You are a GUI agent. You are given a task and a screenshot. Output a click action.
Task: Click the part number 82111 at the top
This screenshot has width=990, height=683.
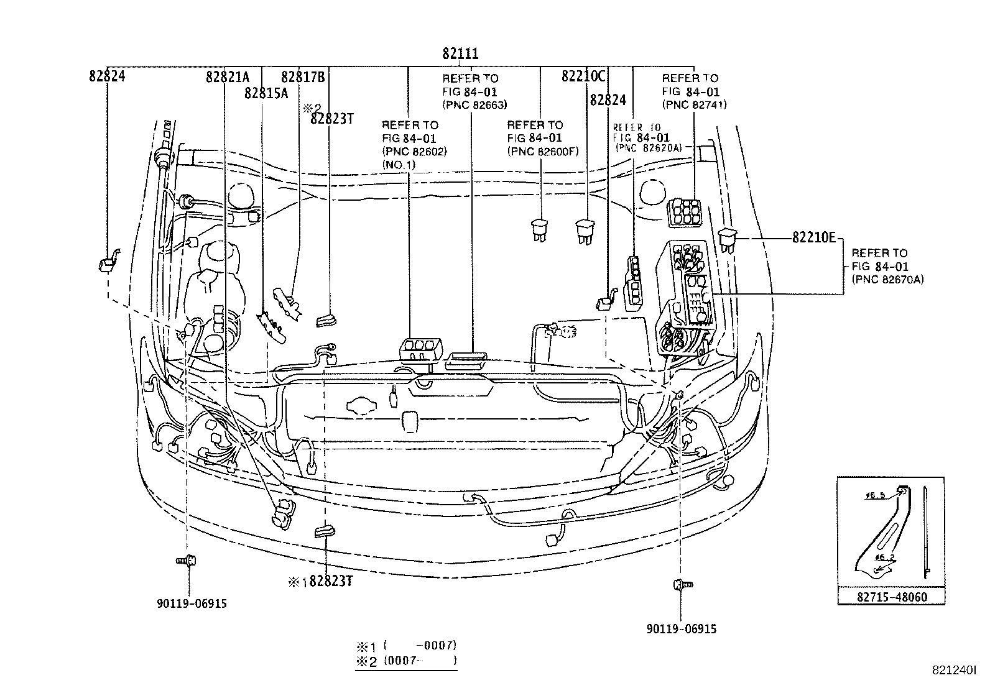(460, 54)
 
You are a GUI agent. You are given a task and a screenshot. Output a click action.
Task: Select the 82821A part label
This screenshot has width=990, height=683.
(228, 77)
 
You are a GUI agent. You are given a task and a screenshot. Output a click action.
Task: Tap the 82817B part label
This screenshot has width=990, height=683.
(303, 77)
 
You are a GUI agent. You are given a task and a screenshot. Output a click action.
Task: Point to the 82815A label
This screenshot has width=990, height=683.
(266, 93)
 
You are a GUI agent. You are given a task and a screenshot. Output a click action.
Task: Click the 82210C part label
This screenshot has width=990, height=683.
(583, 76)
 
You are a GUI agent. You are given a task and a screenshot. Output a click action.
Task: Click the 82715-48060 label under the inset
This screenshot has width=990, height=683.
(891, 598)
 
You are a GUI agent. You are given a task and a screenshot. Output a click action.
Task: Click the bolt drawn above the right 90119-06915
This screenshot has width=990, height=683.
(682, 585)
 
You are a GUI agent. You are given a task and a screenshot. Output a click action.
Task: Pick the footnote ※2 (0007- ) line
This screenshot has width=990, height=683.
(407, 661)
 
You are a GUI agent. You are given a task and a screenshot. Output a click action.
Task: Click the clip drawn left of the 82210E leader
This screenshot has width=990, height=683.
(727, 239)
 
